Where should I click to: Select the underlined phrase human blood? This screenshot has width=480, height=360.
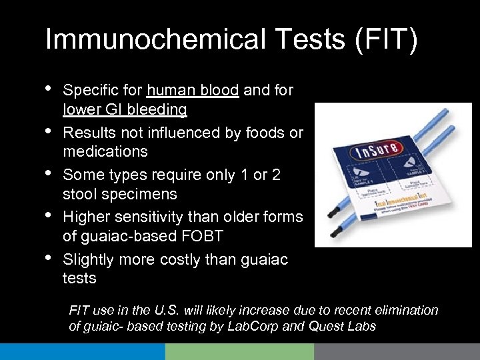(x=193, y=90)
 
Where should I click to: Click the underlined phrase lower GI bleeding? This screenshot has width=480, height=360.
(x=125, y=109)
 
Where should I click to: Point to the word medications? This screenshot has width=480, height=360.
(x=105, y=151)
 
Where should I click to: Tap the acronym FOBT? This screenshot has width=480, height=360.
(x=225, y=236)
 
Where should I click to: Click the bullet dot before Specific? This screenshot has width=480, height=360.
(x=50, y=89)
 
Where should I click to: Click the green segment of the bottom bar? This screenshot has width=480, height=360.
(x=239, y=351)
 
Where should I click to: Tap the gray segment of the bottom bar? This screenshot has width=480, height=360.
(x=397, y=351)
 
